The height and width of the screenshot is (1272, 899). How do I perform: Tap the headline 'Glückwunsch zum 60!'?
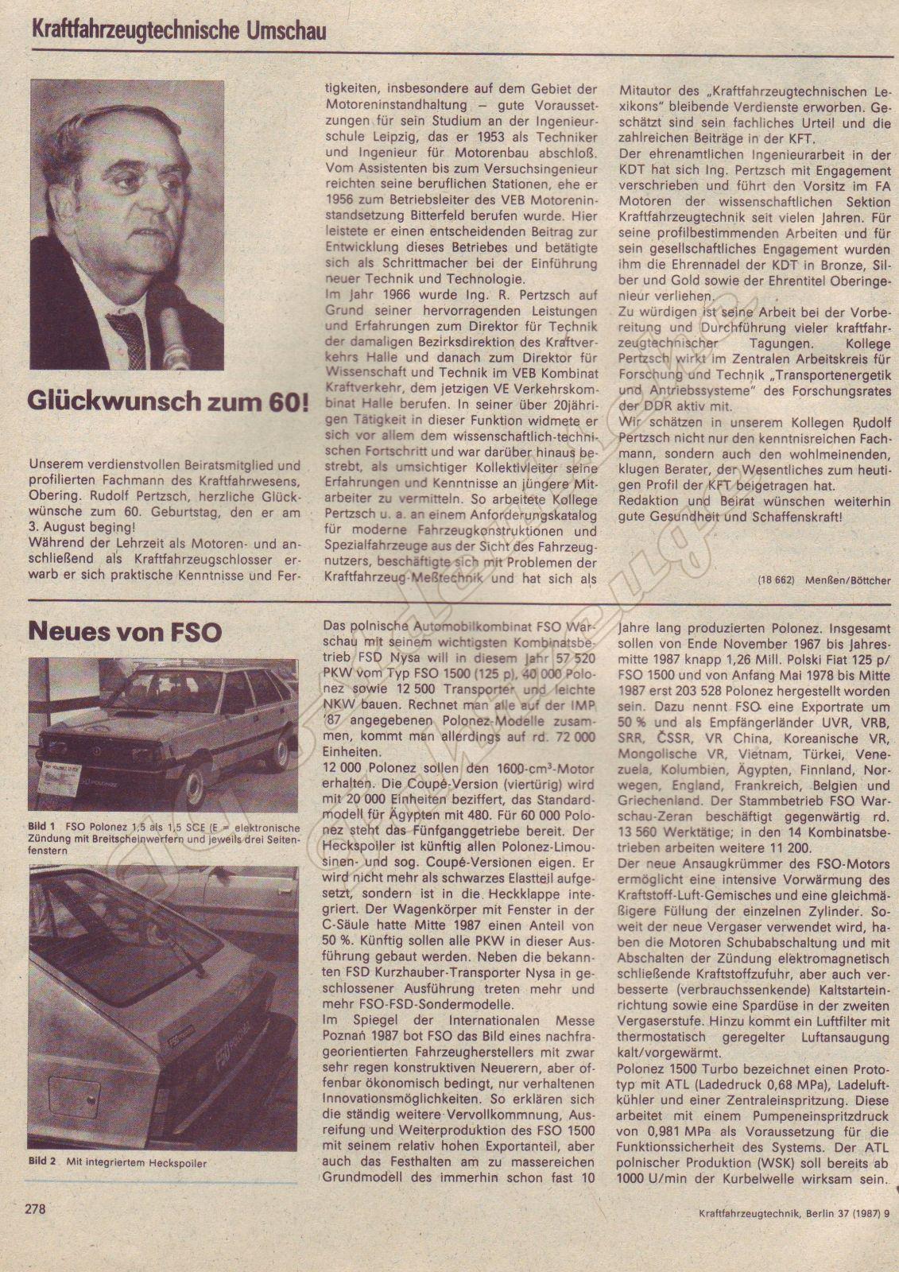167,400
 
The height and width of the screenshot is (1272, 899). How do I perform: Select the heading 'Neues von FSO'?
125,631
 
